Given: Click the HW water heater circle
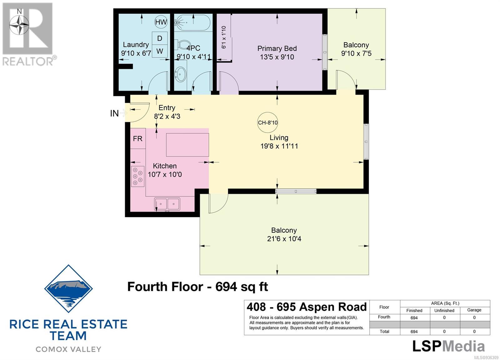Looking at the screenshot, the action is click(x=161, y=22).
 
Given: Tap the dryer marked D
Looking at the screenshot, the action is click(x=160, y=38).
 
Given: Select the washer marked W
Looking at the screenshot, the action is click(x=160, y=51).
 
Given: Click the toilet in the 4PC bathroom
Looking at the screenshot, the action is click(x=182, y=46).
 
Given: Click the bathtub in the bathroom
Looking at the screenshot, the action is click(x=192, y=22).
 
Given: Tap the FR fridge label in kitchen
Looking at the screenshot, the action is click(x=137, y=139).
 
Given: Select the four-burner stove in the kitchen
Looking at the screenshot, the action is click(x=137, y=176).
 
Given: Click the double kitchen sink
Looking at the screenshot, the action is click(x=167, y=204).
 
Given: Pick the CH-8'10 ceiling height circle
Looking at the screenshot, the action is click(x=267, y=122).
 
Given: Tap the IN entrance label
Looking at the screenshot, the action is click(x=114, y=114).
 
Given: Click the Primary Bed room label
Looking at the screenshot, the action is click(x=277, y=48).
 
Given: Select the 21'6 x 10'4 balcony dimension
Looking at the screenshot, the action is click(x=284, y=239).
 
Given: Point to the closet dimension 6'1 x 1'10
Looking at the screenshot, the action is click(x=224, y=37).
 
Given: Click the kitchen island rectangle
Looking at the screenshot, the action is click(x=187, y=145).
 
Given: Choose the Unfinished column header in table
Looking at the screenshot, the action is click(x=444, y=310).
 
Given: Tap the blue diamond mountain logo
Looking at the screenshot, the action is click(x=68, y=289).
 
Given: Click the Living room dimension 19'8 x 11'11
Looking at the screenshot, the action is click(x=279, y=146).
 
